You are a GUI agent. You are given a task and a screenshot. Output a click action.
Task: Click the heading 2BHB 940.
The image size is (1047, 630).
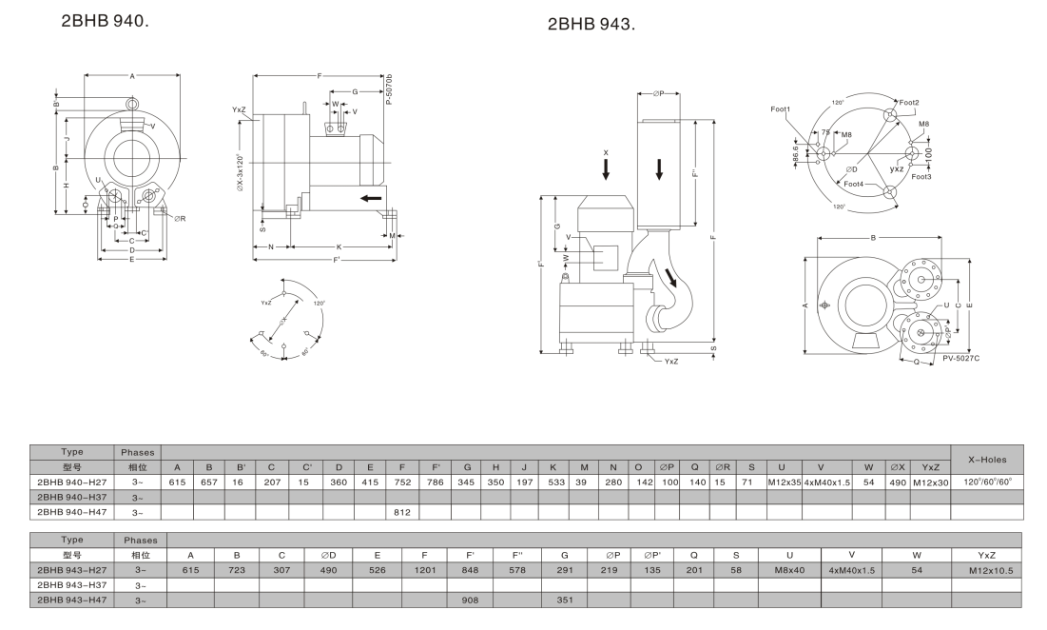[105, 18]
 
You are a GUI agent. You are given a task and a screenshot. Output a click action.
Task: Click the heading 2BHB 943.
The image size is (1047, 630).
[591, 24]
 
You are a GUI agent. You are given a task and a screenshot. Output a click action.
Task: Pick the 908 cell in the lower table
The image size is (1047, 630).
[470, 600]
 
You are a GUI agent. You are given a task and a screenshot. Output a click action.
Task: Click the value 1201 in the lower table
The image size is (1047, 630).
[424, 571]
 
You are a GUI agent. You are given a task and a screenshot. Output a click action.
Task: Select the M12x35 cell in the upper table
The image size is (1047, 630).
[781, 482]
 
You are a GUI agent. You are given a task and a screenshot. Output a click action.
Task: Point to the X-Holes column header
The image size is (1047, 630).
[987, 459]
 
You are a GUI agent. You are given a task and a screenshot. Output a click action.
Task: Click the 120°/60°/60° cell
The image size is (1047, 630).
[987, 482]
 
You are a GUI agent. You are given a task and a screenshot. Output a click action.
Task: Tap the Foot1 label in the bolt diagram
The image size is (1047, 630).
[781, 109]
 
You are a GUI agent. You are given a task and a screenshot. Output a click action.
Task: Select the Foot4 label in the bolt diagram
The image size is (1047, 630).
[853, 184]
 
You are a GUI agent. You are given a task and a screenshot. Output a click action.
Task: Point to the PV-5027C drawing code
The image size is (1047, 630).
[961, 358]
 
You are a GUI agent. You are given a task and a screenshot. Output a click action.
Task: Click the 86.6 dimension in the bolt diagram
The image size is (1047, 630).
[796, 153]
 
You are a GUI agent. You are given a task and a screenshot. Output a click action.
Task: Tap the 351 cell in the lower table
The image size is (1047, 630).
[565, 600]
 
